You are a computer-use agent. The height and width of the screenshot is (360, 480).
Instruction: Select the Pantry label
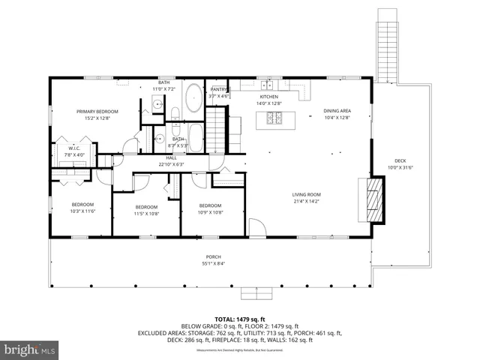(219, 92)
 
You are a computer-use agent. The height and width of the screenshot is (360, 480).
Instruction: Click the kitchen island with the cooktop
(276, 118)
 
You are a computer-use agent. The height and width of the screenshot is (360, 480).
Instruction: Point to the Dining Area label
(337, 113)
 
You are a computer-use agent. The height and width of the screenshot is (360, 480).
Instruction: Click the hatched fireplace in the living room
(374, 199)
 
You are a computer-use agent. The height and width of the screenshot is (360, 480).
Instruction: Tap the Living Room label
(306, 198)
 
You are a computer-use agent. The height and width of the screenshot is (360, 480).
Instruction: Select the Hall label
(171, 161)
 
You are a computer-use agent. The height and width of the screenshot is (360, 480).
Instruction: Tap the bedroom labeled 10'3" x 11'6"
(82, 208)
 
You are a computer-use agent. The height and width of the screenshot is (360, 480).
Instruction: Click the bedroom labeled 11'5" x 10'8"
(146, 210)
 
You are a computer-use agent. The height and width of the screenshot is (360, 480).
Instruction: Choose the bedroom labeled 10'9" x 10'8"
(210, 208)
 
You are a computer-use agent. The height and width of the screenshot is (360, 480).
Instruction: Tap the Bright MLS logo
(30, 349)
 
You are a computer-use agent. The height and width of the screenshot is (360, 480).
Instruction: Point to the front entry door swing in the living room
(256, 226)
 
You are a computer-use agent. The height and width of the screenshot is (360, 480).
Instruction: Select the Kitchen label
(268, 100)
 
